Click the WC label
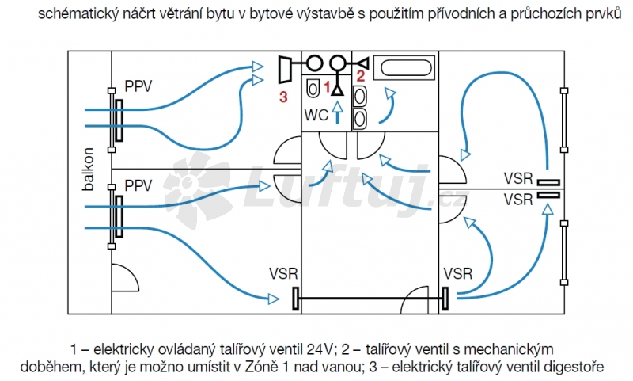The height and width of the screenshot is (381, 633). click(x=316, y=116)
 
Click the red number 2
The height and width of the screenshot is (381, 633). click(x=360, y=77)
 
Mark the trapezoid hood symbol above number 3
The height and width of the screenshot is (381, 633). click(x=286, y=68)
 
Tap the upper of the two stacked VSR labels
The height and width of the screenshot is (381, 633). click(x=518, y=178)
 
